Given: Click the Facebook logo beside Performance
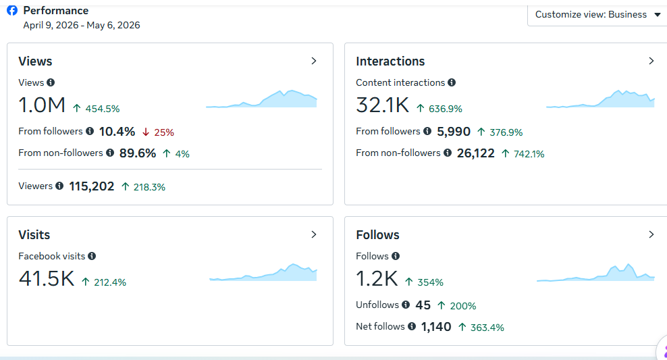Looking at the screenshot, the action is (12, 10).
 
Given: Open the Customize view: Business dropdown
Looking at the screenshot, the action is (597, 14).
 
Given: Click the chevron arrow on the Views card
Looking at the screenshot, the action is (314, 61).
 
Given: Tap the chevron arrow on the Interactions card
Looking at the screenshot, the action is (651, 61).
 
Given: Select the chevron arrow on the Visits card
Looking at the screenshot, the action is (314, 234).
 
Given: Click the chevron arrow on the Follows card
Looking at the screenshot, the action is (651, 234).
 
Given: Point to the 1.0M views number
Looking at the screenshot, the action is (42, 105).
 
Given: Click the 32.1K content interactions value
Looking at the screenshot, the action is (382, 105).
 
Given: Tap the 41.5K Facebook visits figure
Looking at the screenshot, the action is (47, 278).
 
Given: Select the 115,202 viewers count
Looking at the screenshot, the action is (91, 186).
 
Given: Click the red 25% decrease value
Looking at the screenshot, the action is (164, 132).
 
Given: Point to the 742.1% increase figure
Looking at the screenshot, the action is (529, 154).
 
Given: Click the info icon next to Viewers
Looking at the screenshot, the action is (59, 186).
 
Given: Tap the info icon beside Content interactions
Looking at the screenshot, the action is (452, 82).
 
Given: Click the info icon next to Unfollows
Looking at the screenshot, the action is (406, 305).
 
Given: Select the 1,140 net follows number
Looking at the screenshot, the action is (436, 327).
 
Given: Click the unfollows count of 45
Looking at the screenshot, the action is (423, 305).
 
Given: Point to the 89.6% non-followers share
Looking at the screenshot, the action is (138, 153).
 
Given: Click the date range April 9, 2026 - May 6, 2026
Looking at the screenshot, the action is (82, 25).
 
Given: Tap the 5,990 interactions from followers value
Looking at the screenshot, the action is (454, 132).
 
